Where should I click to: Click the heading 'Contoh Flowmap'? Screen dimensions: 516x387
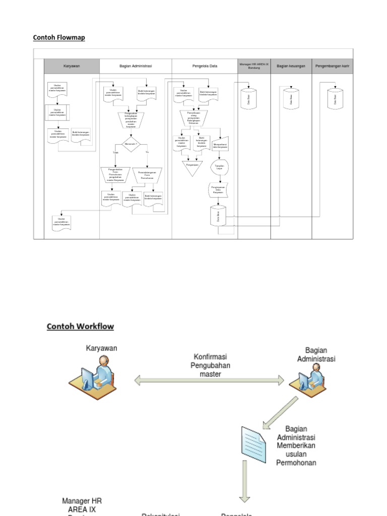59,37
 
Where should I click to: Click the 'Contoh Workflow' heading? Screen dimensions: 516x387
80,327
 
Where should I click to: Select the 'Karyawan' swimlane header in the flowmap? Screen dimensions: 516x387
72,66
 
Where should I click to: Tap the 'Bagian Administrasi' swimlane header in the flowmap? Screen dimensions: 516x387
136,66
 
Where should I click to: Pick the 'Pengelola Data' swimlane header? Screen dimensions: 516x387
205,66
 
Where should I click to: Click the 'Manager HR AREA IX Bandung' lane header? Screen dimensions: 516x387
254,66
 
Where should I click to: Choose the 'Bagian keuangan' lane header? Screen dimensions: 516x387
291,66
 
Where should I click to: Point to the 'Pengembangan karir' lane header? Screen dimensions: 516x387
332,66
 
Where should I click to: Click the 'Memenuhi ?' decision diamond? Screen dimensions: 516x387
131,144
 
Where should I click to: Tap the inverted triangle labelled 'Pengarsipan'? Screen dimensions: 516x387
192,167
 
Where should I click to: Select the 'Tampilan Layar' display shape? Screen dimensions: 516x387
219,167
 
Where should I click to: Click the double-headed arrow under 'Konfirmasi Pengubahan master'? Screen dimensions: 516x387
209,380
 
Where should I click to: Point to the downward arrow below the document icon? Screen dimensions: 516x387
245,481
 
